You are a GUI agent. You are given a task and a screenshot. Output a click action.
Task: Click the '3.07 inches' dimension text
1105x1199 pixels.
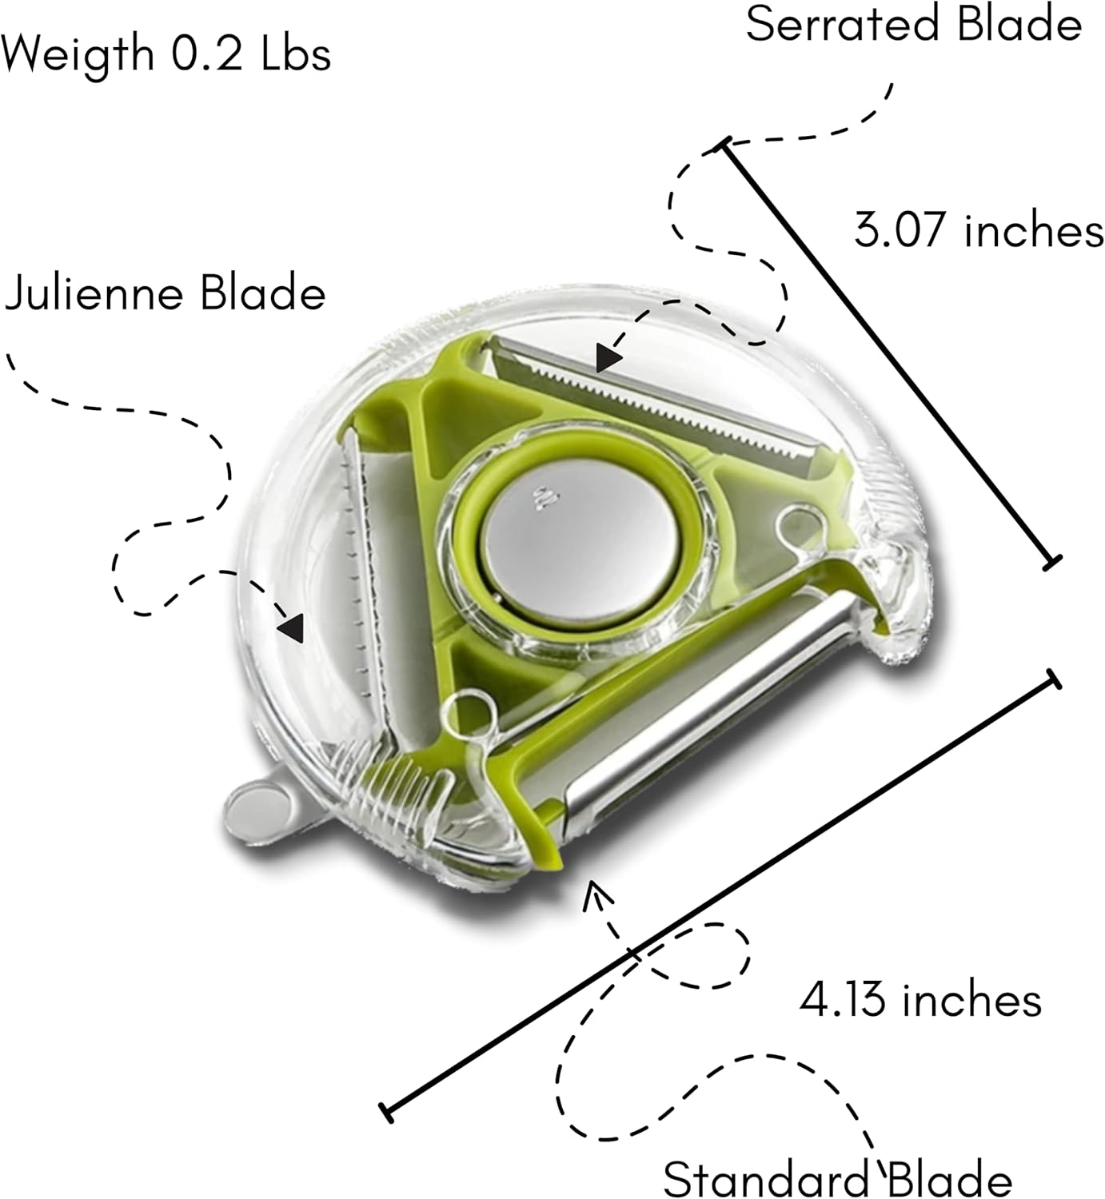[x=979, y=230]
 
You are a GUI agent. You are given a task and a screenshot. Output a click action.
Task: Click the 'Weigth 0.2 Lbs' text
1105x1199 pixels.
[x=166, y=54]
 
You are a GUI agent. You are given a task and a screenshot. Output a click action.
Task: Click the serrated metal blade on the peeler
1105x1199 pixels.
[x=656, y=398]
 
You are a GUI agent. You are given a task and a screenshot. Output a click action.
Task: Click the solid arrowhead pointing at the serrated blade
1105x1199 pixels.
[x=610, y=358]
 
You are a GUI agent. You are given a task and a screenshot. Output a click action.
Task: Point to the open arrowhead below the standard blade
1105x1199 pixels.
[x=592, y=894]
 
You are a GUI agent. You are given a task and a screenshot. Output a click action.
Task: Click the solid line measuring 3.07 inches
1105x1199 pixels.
[x=888, y=352]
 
